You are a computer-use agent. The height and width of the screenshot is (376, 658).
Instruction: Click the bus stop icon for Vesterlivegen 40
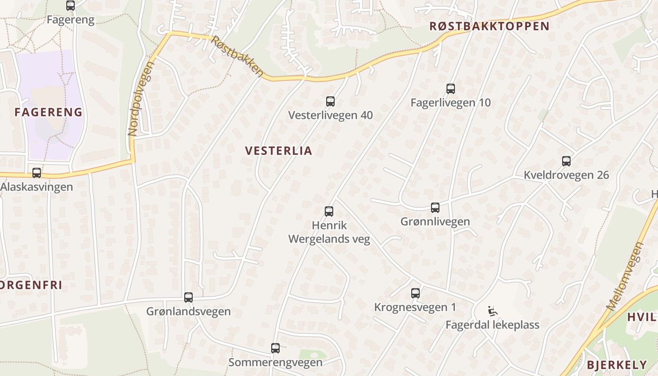click(330, 101)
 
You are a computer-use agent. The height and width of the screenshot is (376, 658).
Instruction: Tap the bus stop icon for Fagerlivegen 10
click(451, 88)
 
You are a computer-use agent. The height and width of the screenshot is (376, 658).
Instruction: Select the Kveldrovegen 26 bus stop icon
click(566, 161)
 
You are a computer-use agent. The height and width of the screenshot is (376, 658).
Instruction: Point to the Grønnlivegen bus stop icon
click(435, 207)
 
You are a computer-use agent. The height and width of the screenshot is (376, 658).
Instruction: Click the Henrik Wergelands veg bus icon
click(329, 211)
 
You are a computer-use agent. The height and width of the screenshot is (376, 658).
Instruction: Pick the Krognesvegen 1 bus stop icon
click(415, 293)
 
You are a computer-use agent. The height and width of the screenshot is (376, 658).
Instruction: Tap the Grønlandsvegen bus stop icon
click(188, 297)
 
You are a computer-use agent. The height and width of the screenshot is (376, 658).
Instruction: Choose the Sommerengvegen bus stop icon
click(275, 348)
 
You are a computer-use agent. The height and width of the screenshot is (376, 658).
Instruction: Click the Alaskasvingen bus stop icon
click(37, 172)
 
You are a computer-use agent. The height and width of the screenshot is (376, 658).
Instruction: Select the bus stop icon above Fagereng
click(70, 6)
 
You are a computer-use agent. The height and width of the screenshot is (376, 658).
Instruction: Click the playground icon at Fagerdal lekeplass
click(493, 311)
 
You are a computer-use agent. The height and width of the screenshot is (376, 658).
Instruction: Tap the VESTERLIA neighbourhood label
click(278, 151)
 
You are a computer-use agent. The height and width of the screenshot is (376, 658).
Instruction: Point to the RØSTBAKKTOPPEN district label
click(489, 26)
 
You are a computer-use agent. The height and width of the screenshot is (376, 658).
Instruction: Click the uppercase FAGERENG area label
click(48, 112)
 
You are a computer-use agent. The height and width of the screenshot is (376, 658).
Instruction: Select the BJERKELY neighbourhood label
click(617, 365)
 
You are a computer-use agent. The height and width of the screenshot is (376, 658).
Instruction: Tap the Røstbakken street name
click(237, 56)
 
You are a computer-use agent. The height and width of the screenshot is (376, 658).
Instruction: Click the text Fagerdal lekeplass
click(492, 325)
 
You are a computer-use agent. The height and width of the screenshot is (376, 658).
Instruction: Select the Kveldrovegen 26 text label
click(566, 175)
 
